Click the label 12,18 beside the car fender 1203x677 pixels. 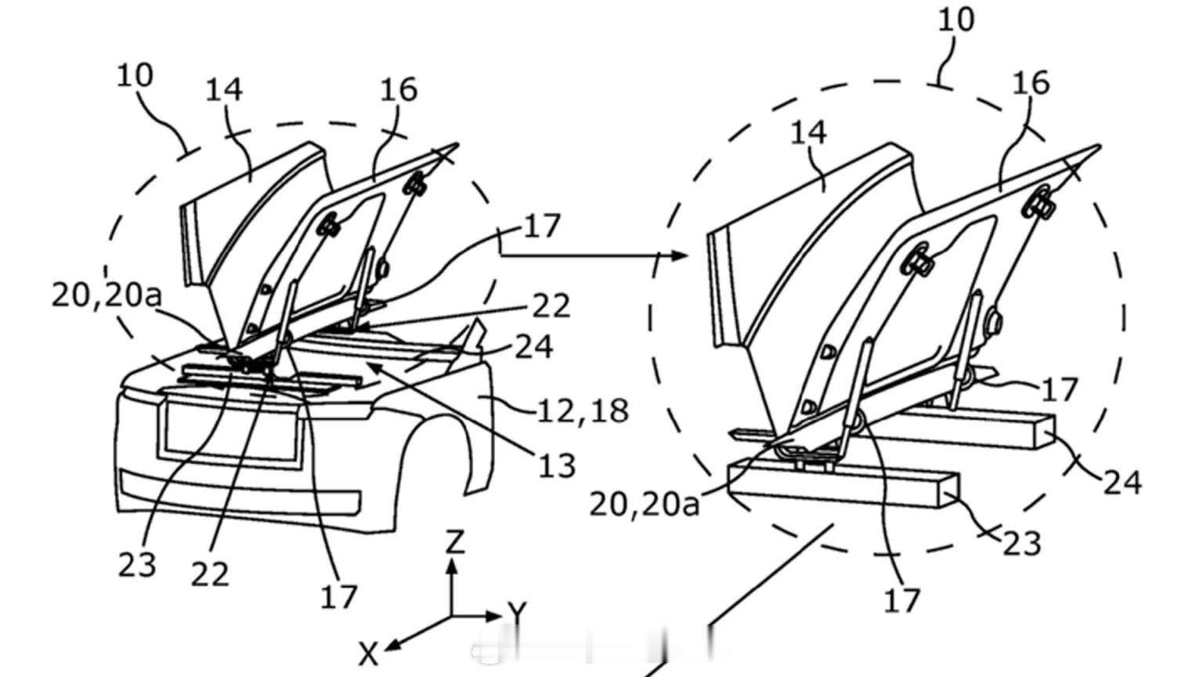[583, 411]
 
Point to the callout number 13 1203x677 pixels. [556, 465]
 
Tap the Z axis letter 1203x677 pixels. [454, 541]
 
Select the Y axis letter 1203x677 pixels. [517, 612]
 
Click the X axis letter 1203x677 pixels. [368, 654]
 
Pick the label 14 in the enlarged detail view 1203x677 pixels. [808, 132]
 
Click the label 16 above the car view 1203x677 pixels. [399, 90]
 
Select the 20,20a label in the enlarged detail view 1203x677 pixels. [645, 504]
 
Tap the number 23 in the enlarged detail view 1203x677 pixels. [1022, 543]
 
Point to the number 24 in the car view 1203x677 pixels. [534, 347]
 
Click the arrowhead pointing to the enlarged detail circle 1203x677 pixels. [680, 255]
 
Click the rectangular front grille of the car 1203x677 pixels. [231, 430]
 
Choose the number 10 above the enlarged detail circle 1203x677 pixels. [956, 20]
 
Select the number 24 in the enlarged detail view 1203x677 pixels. [1122, 482]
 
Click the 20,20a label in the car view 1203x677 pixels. [107, 295]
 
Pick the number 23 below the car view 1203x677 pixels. [137, 565]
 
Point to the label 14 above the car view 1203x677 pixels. [224, 90]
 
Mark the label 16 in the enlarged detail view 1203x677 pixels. [1031, 83]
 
